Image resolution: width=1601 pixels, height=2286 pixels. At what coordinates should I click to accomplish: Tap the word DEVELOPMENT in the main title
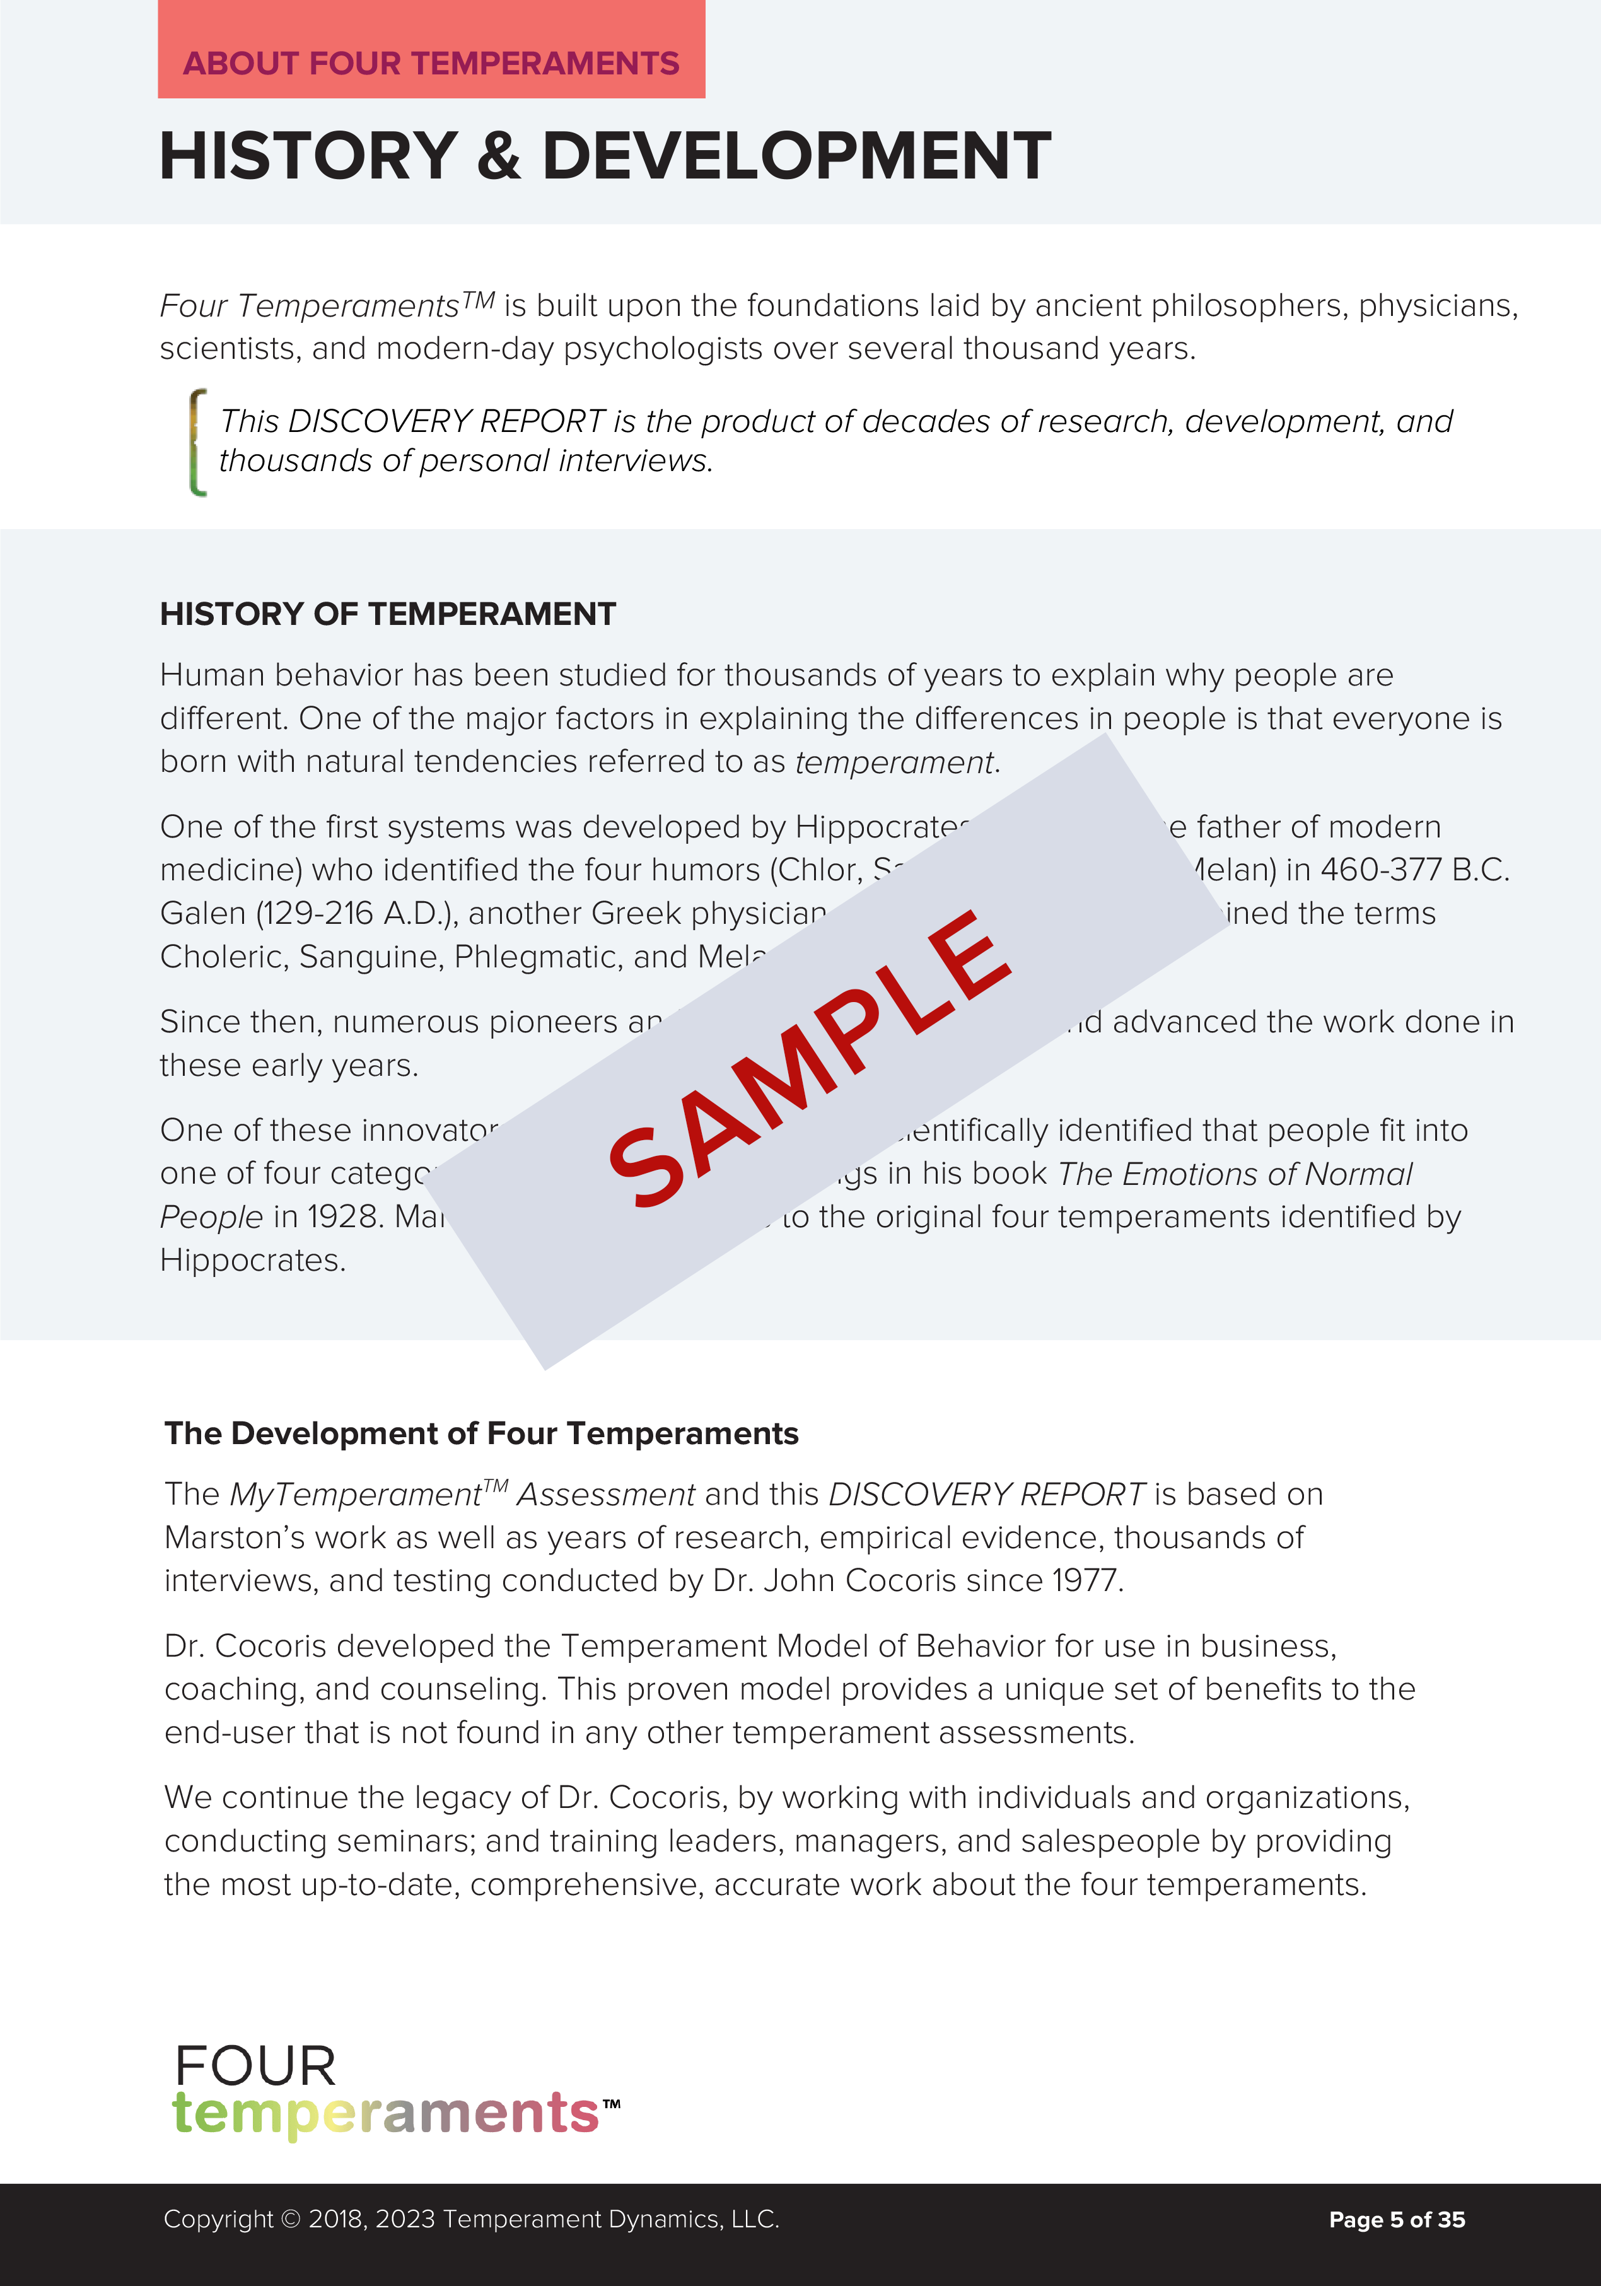click(796, 156)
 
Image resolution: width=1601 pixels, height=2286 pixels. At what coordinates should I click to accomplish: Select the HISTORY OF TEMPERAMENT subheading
click(387, 614)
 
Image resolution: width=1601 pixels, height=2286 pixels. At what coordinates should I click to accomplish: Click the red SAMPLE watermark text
click(810, 1058)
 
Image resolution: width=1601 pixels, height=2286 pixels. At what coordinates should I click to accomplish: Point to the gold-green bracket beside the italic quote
click(198, 442)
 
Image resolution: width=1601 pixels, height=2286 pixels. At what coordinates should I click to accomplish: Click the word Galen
click(202, 914)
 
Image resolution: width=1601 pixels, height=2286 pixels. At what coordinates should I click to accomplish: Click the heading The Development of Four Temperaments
click(481, 1434)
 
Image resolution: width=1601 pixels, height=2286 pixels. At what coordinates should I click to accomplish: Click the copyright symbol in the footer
click(289, 2219)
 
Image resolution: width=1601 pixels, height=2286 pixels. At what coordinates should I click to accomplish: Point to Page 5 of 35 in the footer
click(1396, 2219)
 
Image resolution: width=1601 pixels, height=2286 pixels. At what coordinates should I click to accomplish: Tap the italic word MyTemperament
click(356, 1495)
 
